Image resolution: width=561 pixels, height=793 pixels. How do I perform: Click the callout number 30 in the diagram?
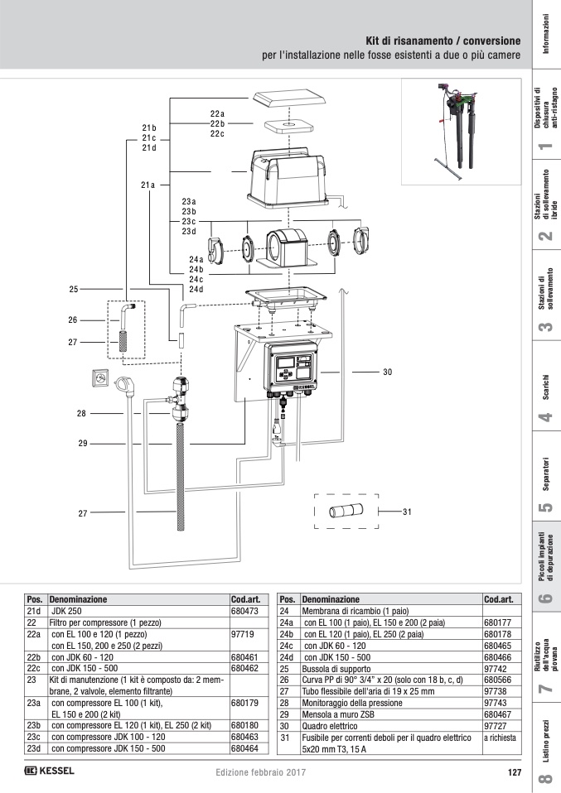coord(387,372)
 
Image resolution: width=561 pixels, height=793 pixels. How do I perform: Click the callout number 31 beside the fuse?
coord(407,512)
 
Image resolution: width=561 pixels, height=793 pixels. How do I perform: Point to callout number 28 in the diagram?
coord(81,413)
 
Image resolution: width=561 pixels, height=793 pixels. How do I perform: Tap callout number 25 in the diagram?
coord(74,290)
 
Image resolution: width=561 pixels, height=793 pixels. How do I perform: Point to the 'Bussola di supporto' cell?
coord(331,666)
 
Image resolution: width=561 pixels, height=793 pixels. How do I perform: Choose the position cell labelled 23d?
coord(35,747)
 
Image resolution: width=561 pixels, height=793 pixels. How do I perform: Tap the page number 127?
coord(512,772)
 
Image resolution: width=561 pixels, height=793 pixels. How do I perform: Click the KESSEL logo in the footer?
coord(50,771)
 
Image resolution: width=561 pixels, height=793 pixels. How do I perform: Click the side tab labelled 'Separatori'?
coord(544,481)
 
